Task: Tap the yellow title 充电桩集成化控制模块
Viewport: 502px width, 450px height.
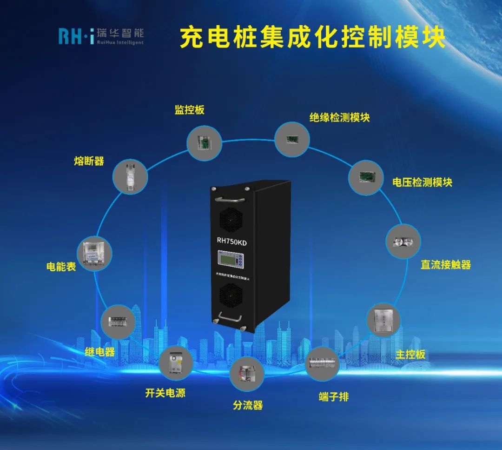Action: pos(312,38)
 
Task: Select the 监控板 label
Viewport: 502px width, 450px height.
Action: pos(189,110)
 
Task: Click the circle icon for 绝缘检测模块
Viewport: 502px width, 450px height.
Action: pos(292,138)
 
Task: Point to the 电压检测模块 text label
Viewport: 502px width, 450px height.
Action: pos(422,182)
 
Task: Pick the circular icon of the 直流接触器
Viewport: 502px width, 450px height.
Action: pos(403,242)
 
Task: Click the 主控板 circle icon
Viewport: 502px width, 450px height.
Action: pos(383,321)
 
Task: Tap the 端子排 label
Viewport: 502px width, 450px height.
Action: pos(333,397)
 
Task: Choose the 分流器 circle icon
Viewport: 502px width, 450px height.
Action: pos(247,373)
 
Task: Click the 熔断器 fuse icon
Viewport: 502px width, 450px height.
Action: pos(131,176)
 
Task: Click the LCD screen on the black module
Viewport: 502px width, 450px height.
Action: pos(229,259)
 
